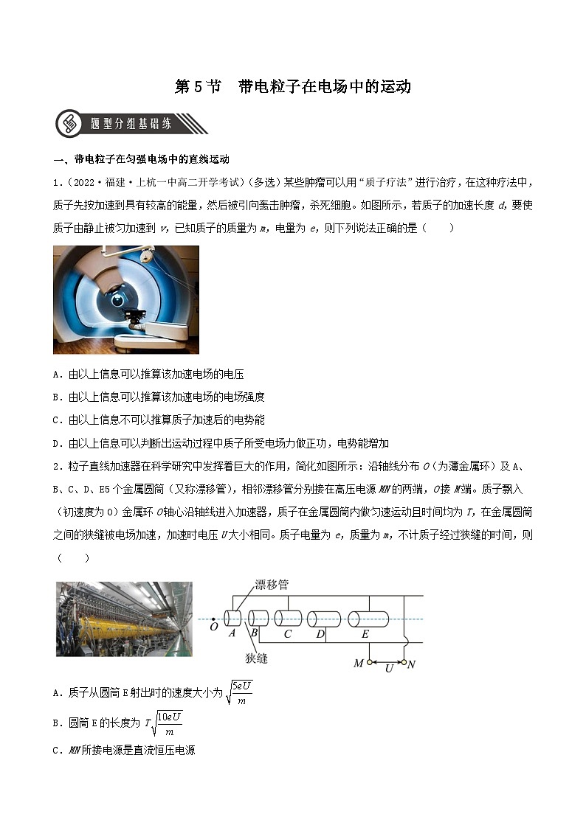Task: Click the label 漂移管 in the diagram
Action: pyautogui.click(x=271, y=585)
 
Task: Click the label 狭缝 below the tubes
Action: pyautogui.click(x=256, y=657)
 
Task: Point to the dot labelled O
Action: pyautogui.click(x=213, y=619)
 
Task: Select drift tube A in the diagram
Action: pyautogui.click(x=233, y=618)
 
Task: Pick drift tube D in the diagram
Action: pyautogui.click(x=323, y=619)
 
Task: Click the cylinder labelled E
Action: pyautogui.click(x=367, y=619)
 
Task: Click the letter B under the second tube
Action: pyautogui.click(x=253, y=633)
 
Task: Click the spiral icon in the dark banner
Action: pyautogui.click(x=70, y=124)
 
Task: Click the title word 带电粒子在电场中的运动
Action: pyautogui.click(x=325, y=86)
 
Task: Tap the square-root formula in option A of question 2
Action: pyautogui.click(x=240, y=693)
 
